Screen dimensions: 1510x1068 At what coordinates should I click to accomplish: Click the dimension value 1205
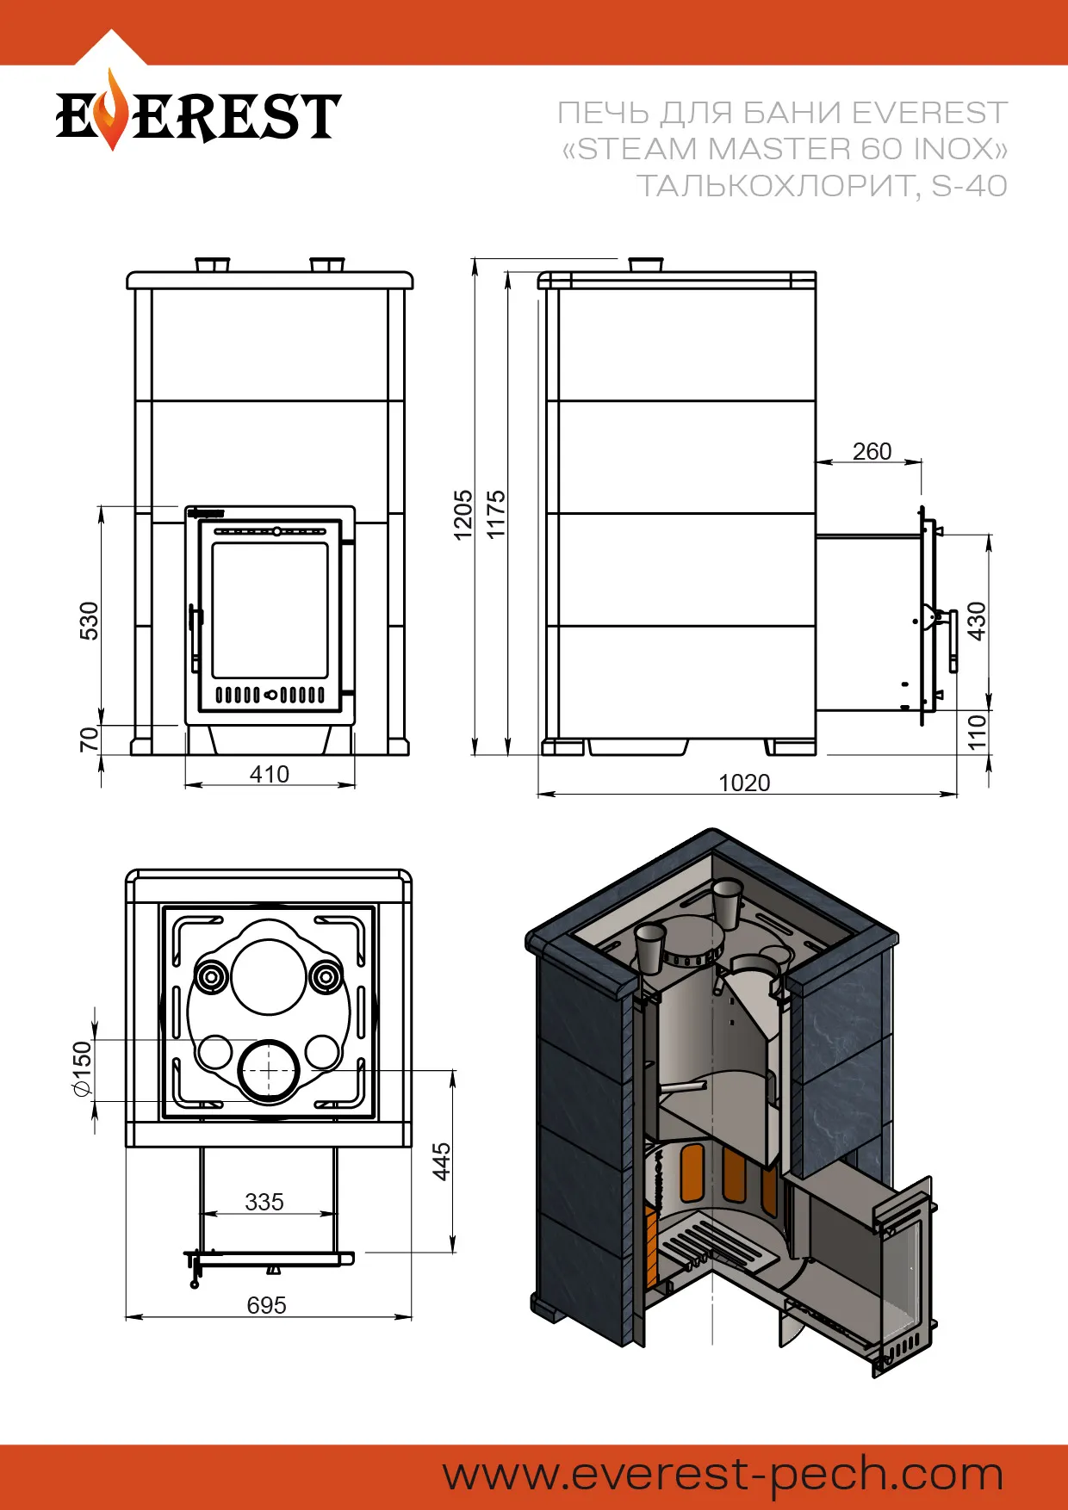pos(463,515)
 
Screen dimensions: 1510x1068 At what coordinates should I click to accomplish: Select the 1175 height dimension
pos(496,515)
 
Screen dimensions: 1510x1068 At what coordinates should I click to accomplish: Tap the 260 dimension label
pos(872,451)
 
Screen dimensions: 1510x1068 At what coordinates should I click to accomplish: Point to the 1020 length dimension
pos(744,783)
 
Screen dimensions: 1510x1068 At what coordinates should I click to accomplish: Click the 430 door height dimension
pos(976,621)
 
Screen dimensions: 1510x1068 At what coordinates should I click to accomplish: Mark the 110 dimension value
pos(976,732)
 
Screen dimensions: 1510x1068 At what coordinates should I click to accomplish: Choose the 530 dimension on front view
pos(89,621)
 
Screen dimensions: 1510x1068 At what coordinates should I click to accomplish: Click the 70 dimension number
pos(89,739)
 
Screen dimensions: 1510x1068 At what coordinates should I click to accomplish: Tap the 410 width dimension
pos(269,774)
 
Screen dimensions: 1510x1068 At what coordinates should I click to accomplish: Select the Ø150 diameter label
pos(82,1068)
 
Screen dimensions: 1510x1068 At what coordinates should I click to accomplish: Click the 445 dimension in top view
pos(441,1161)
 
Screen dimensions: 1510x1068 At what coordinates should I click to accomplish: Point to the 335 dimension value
pos(264,1202)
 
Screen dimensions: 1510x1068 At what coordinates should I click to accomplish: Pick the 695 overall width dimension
pos(266,1305)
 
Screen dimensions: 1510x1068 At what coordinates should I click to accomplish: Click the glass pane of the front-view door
pos(270,610)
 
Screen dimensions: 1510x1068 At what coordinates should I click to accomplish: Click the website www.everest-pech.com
pos(723,1475)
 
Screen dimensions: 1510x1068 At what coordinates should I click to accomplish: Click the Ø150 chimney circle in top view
pos(269,1070)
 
